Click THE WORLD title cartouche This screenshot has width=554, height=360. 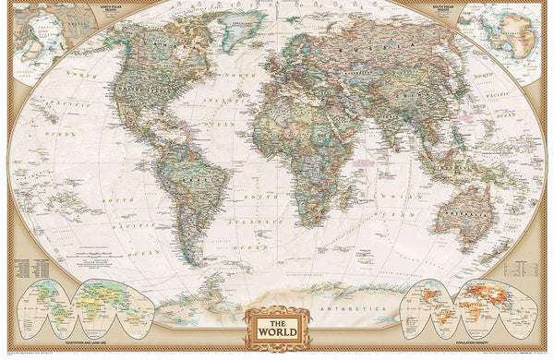point(276,326)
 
